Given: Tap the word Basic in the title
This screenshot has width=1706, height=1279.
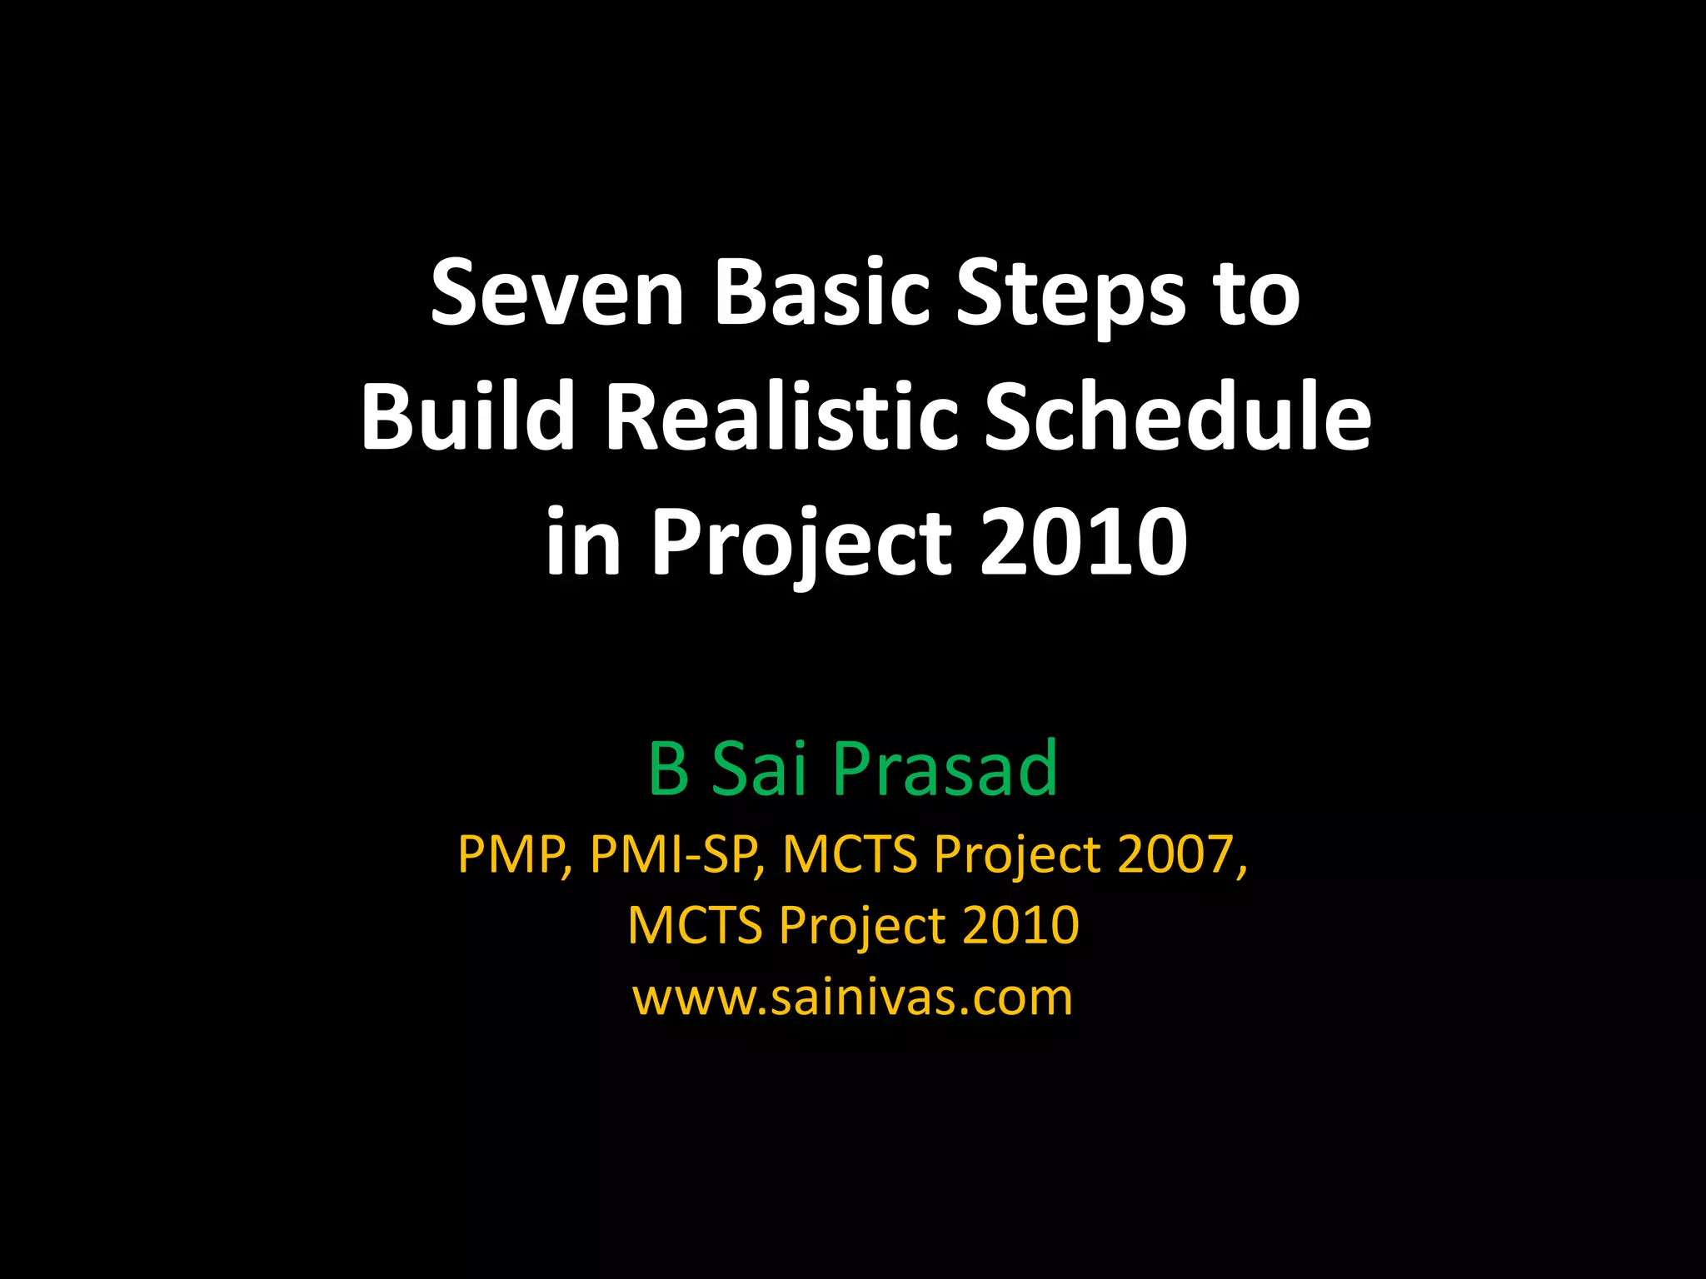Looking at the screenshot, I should coord(821,294).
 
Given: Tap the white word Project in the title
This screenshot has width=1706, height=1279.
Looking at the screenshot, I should coord(801,545).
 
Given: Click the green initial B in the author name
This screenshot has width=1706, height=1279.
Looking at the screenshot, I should coord(668,768).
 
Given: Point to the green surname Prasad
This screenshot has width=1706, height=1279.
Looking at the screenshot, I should coord(945,768).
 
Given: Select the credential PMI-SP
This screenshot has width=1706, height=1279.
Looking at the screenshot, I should coord(676,855).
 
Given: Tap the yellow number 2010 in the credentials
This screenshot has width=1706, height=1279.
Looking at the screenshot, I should coord(1020,925).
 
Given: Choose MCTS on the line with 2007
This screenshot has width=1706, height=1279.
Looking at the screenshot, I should coord(850,855).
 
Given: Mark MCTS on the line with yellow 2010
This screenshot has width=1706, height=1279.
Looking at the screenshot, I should coord(695,925).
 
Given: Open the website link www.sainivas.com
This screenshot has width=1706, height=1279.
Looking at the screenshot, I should coord(853,997).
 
